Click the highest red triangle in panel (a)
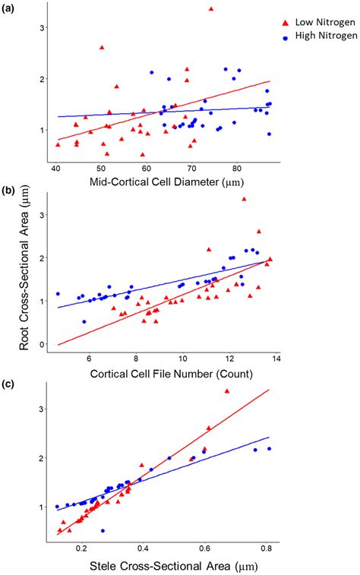point(211,9)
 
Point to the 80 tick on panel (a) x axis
point(237,168)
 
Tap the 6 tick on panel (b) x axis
point(89,358)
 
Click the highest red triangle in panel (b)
point(244,199)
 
